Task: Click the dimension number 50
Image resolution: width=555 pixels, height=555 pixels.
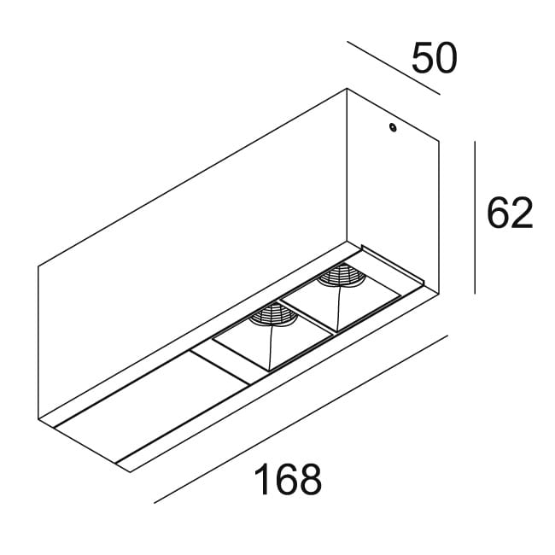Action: pyautogui.click(x=435, y=58)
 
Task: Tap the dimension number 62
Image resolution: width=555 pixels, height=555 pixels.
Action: pyautogui.click(x=510, y=213)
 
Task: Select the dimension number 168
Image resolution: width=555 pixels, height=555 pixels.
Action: pyautogui.click(x=288, y=479)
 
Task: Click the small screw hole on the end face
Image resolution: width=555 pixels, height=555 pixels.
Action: pyautogui.click(x=392, y=127)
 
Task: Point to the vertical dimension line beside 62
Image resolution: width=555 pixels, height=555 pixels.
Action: pyautogui.click(x=475, y=218)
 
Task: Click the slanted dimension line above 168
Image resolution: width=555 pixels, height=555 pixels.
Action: pyautogui.click(x=301, y=418)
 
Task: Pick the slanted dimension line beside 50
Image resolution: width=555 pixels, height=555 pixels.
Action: pyautogui.click(x=394, y=68)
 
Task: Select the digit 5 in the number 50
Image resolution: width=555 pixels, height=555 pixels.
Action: pyautogui.click(x=423, y=58)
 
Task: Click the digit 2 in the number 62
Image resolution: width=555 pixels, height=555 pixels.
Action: pyautogui.click(x=522, y=213)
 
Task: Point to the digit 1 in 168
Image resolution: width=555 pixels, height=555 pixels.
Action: pyautogui.click(x=262, y=479)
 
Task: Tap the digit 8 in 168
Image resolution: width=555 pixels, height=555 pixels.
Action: pyautogui.click(x=311, y=479)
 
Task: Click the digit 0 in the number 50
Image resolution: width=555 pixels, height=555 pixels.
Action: pyautogui.click(x=447, y=58)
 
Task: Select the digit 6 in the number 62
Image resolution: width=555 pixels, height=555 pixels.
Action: pyautogui.click(x=498, y=213)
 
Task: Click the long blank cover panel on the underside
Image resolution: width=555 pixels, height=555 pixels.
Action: pyautogui.click(x=152, y=407)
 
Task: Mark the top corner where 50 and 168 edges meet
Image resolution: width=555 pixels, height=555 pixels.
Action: pyautogui.click(x=347, y=89)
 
